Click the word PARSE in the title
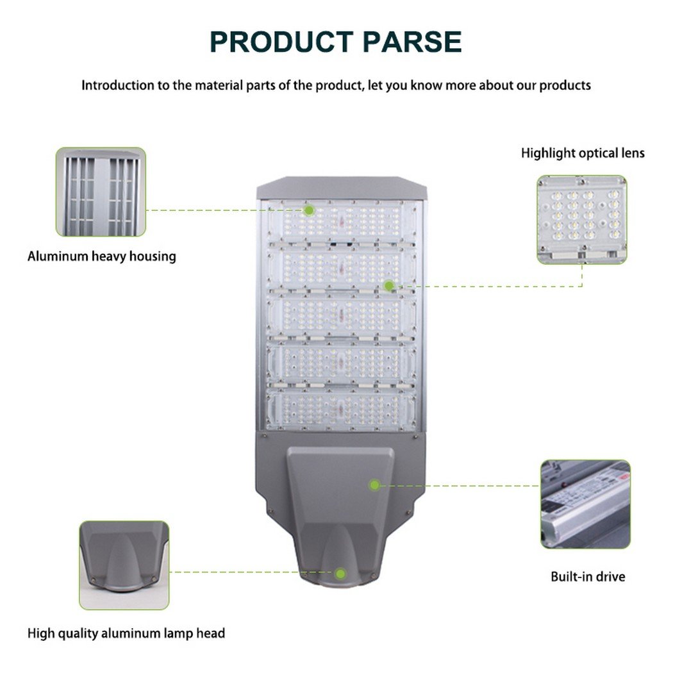point(412,42)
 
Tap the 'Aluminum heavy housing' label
point(102,256)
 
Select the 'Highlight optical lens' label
point(583,153)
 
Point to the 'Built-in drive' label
point(588,576)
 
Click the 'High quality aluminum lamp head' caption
point(126,633)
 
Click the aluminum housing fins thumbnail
point(101,192)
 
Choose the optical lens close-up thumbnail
point(582,219)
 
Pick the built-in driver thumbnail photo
point(585,504)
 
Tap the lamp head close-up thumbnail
point(124,565)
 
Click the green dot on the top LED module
point(308,210)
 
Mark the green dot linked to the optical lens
point(389,285)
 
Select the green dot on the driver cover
point(375,485)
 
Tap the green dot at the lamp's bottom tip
point(341,574)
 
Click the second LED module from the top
point(342,269)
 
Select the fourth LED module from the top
point(342,363)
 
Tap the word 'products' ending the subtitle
point(565,85)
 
